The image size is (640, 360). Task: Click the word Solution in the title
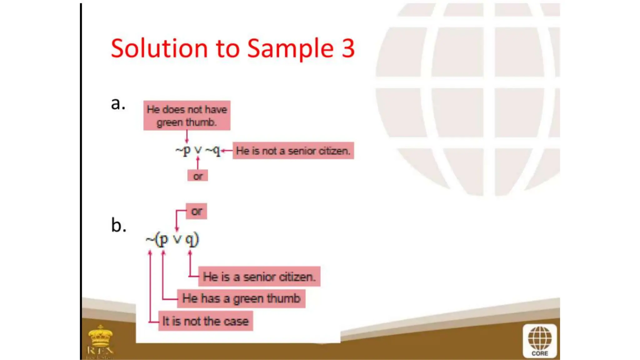(159, 48)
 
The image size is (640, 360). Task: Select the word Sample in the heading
(291, 49)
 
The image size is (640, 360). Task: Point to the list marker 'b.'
(118, 225)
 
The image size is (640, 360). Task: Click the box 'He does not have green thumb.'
(187, 115)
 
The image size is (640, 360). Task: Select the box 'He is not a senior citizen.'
(293, 151)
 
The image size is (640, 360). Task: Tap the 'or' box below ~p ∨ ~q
(197, 176)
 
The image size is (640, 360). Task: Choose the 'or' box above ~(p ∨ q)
(196, 211)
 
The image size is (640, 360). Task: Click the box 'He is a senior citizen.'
(259, 277)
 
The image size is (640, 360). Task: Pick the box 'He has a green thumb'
(241, 298)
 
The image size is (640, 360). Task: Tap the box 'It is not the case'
(205, 321)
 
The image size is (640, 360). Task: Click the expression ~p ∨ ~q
(198, 151)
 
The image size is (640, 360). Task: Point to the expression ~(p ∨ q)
(172, 240)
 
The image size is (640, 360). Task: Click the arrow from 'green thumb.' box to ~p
(187, 137)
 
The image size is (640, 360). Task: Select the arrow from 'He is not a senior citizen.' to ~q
(227, 151)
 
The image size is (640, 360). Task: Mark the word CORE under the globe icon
(540, 353)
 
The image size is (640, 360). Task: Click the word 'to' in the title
(227, 49)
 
